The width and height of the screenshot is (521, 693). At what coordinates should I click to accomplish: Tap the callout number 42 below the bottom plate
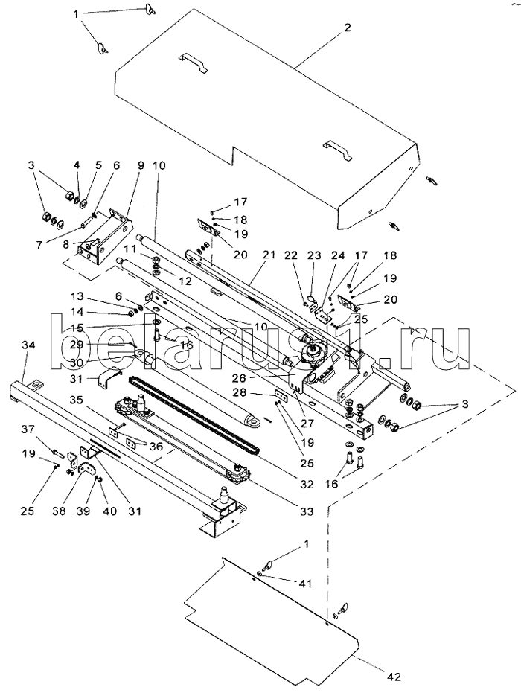(394, 677)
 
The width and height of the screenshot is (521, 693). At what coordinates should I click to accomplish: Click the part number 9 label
(139, 165)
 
